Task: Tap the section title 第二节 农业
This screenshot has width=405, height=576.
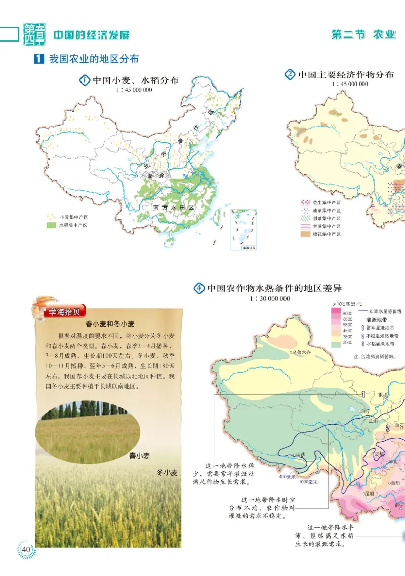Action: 362,35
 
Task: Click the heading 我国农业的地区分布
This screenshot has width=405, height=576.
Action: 94,59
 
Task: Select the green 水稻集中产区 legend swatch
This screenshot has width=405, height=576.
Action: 52,225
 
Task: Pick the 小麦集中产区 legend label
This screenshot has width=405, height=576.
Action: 73,216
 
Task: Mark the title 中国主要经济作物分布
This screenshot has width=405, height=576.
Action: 346,75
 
